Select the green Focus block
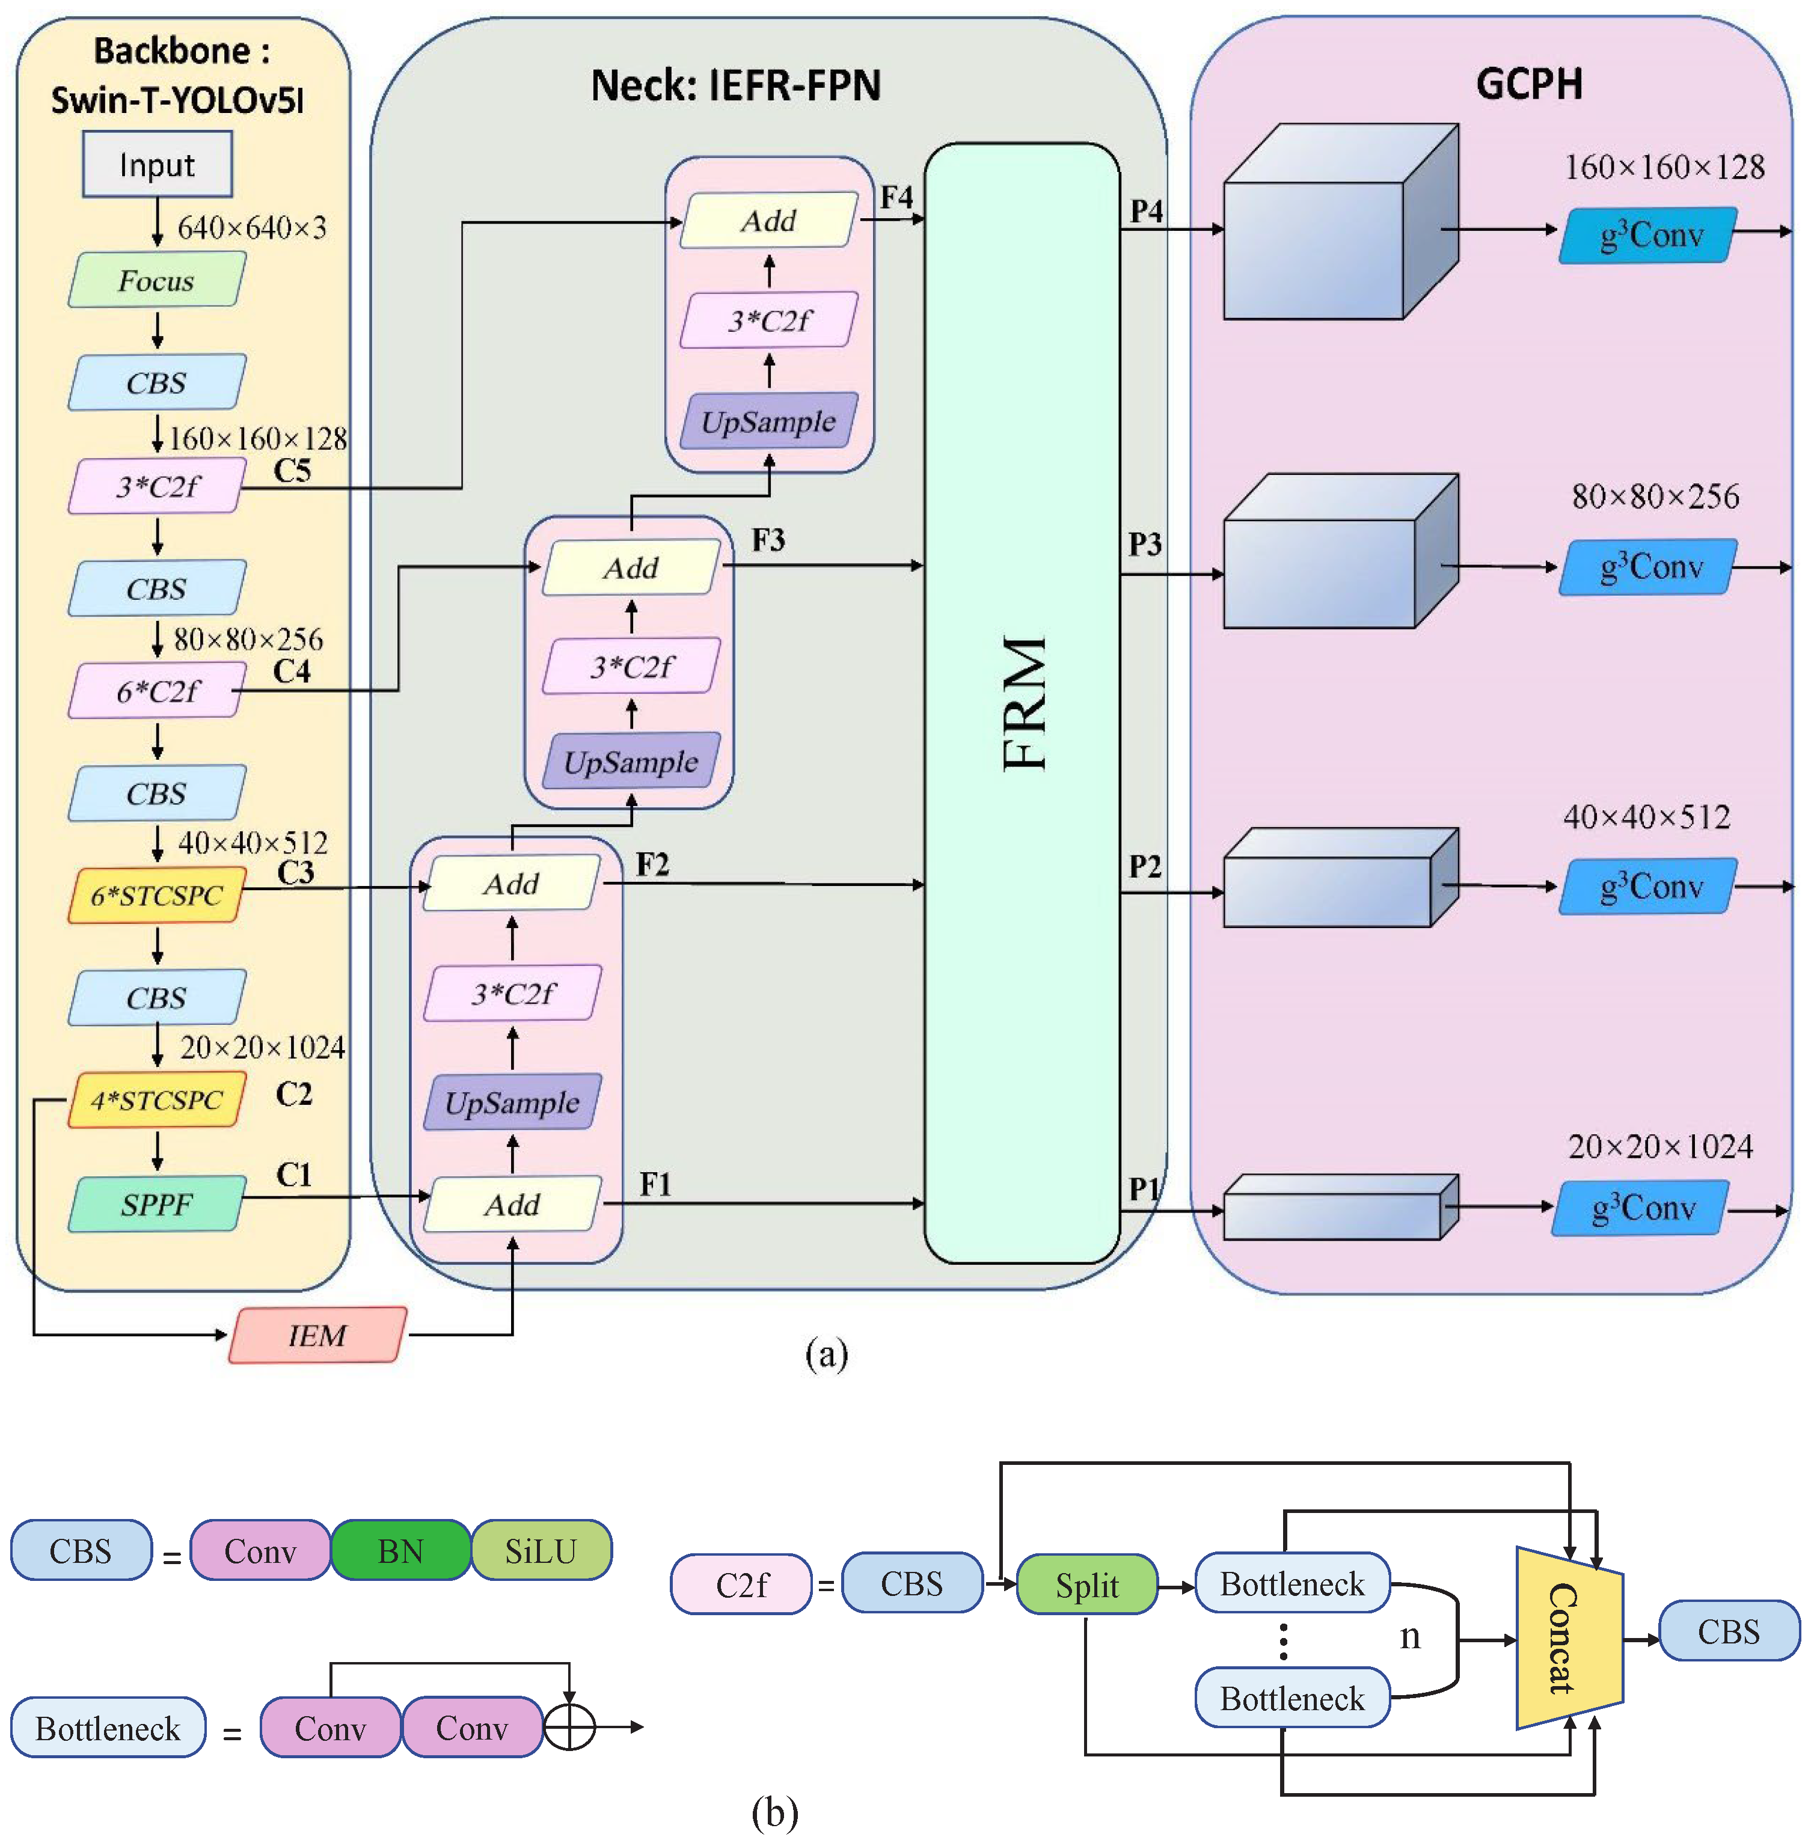coord(156,281)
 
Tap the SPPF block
coord(156,1204)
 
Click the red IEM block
coord(318,1334)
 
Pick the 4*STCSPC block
coord(156,1100)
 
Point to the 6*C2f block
coord(156,691)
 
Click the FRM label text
coord(1024,703)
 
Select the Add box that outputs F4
coord(769,221)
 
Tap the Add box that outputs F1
coord(512,1204)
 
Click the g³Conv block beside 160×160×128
coord(1648,234)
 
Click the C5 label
coord(292,470)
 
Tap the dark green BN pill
coord(400,1551)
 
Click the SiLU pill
coord(540,1551)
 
